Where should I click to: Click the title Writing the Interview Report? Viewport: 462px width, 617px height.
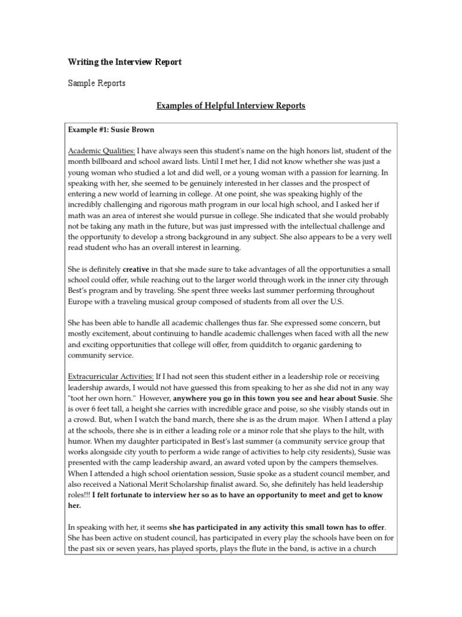point(124,62)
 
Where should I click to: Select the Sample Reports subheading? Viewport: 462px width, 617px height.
point(96,83)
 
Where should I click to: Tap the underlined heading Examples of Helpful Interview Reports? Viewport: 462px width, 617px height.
point(231,106)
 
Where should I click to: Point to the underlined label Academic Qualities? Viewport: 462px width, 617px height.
point(100,151)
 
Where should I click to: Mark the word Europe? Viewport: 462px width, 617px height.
point(81,302)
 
